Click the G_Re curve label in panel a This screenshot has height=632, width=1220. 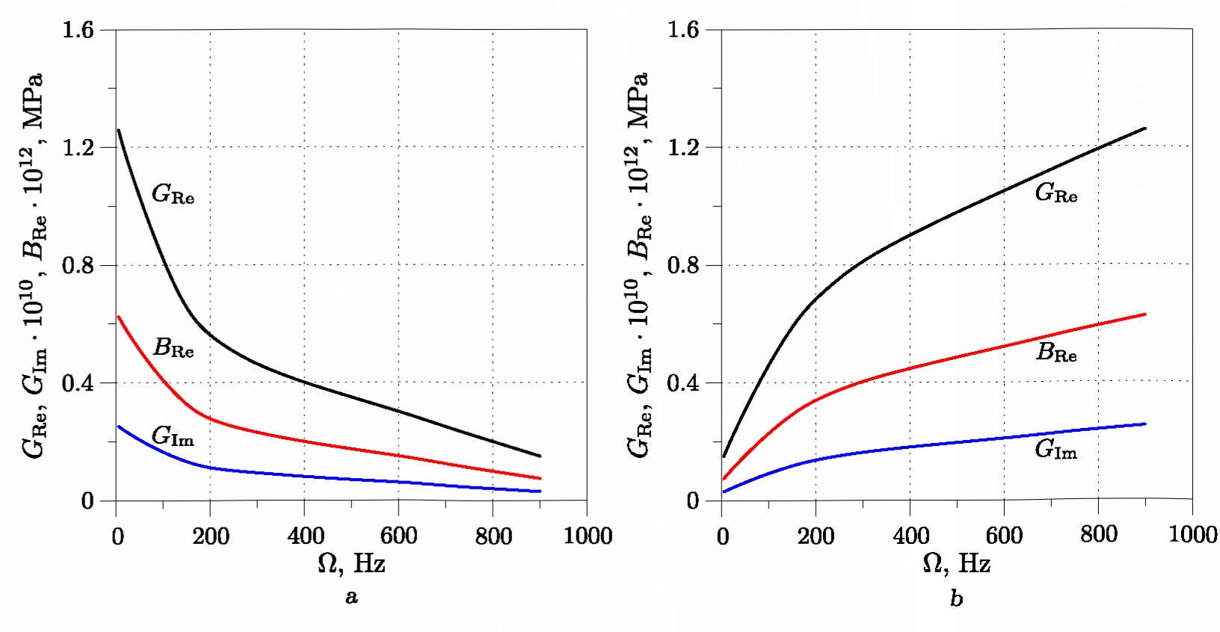pyautogui.click(x=173, y=194)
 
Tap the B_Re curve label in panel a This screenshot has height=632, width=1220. pyautogui.click(x=173, y=348)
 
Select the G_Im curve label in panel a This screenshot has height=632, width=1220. pyautogui.click(x=173, y=436)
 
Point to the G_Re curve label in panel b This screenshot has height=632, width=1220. pyautogui.click(x=1056, y=193)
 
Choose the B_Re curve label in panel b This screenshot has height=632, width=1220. pyautogui.click(x=1056, y=352)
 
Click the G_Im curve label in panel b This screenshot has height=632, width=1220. pyautogui.click(x=1056, y=449)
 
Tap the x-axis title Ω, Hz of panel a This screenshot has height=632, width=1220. pyautogui.click(x=351, y=563)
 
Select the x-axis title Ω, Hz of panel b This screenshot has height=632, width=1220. pyautogui.click(x=957, y=563)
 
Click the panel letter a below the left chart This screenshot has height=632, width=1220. pyautogui.click(x=351, y=597)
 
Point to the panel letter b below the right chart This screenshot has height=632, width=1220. pyautogui.click(x=957, y=598)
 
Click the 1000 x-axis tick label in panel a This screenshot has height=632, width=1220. pyautogui.click(x=588, y=536)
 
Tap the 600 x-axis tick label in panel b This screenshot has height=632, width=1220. pyautogui.click(x=1004, y=535)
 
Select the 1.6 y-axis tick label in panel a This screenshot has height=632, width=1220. pyautogui.click(x=78, y=30)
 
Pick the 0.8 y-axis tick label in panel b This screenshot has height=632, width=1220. pyautogui.click(x=683, y=265)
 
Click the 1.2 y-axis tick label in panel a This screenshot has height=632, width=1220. pyautogui.click(x=78, y=147)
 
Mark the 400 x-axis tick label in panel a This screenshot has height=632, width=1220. pyautogui.click(x=305, y=536)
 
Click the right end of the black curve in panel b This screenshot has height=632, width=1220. pyautogui.click(x=1144, y=128)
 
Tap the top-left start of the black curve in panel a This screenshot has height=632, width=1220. pyautogui.click(x=119, y=131)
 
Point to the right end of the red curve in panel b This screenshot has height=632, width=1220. pyautogui.click(x=1144, y=315)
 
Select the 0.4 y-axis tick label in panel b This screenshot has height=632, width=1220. pyautogui.click(x=683, y=383)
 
